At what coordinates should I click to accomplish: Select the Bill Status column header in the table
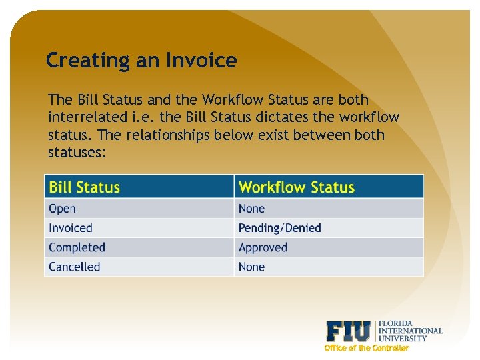(85, 187)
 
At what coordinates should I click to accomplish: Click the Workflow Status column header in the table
(297, 187)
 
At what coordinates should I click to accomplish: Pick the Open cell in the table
(63, 209)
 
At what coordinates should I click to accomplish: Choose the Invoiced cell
(71, 228)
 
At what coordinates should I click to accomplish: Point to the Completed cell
(77, 247)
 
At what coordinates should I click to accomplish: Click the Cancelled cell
(75, 267)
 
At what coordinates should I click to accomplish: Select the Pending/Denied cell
(280, 228)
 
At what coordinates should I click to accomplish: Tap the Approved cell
(263, 247)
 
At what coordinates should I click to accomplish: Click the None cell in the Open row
(252, 209)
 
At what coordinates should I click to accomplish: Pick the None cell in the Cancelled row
(252, 267)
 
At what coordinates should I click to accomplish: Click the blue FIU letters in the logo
(349, 331)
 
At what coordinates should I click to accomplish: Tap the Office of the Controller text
(367, 348)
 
